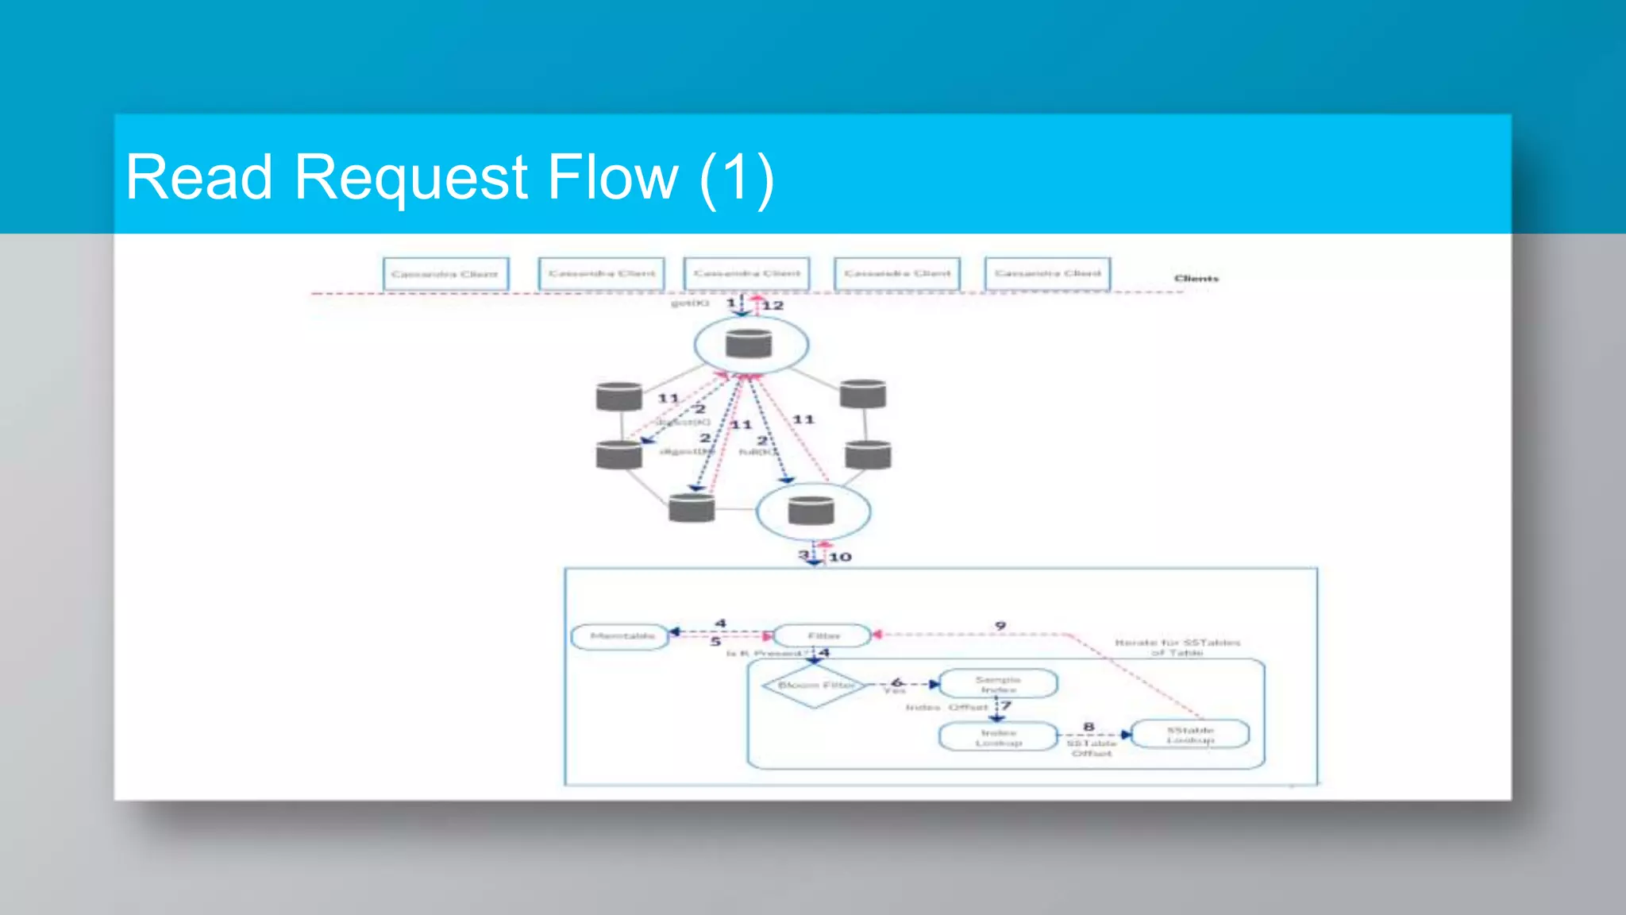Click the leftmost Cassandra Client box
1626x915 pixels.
click(x=445, y=274)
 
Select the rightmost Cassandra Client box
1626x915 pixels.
click(x=1047, y=273)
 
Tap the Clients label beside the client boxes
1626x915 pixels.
click(x=1196, y=278)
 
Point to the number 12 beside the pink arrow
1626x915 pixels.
click(x=773, y=305)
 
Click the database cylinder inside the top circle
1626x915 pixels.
click(x=749, y=344)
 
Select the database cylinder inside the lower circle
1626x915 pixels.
click(x=811, y=511)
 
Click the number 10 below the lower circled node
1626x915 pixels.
click(x=840, y=557)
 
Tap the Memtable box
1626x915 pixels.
click(x=621, y=636)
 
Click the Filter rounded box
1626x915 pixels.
click(x=823, y=635)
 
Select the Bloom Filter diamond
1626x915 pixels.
click(x=815, y=685)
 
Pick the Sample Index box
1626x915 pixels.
click(x=998, y=684)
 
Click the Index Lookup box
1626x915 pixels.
click(x=998, y=737)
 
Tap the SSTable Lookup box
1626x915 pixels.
click(x=1189, y=735)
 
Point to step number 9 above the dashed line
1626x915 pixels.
click(x=1000, y=626)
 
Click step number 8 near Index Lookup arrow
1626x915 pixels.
click(x=1088, y=726)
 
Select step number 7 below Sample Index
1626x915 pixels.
click(x=1006, y=705)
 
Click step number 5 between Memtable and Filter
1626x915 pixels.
click(x=715, y=641)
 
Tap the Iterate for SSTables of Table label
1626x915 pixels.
click(x=1177, y=647)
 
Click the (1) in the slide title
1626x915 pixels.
click(x=736, y=178)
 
